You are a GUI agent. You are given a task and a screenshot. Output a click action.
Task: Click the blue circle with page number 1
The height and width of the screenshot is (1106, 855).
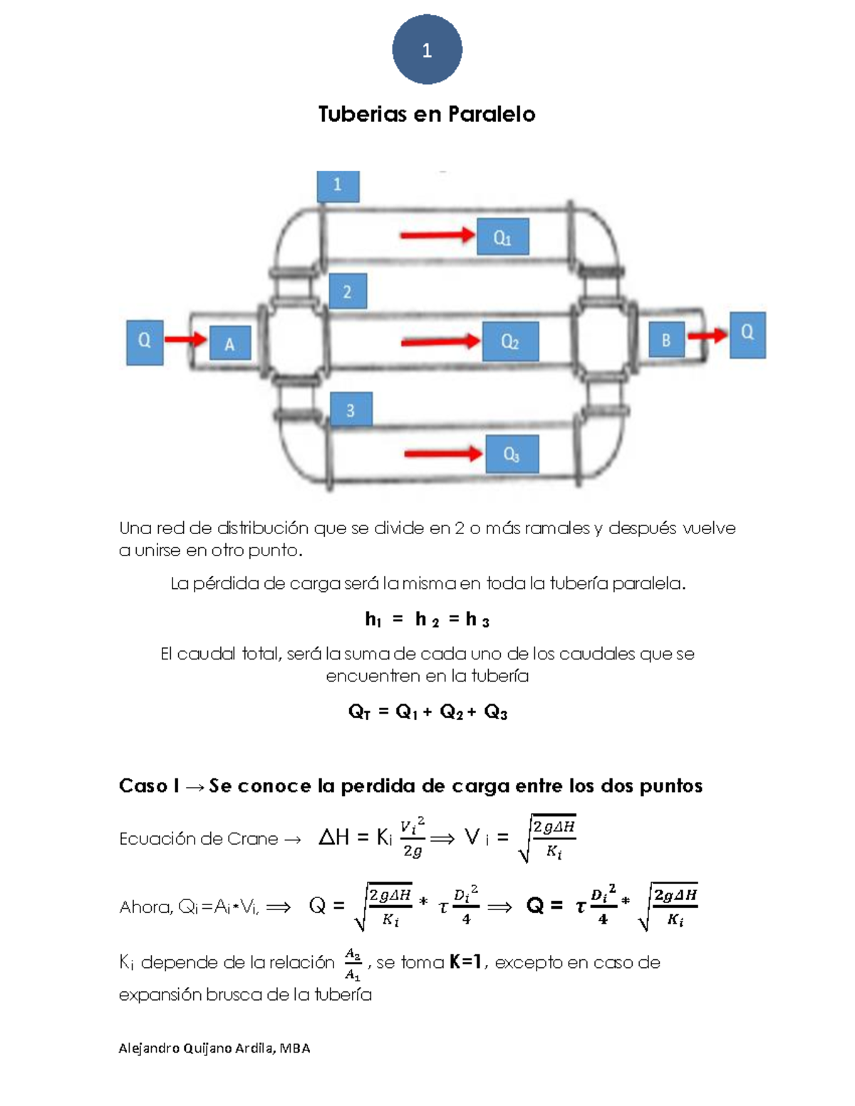pos(427,50)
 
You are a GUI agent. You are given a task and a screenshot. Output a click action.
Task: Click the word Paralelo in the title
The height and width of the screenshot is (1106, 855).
pos(491,114)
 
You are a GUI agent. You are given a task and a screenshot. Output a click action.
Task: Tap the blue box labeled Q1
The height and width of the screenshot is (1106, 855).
pos(502,238)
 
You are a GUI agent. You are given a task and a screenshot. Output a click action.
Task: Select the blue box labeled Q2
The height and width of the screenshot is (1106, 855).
pos(509,341)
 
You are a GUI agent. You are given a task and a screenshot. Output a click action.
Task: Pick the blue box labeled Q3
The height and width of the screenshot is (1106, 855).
pos(512,454)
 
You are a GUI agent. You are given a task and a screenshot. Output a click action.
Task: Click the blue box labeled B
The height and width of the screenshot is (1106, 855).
pos(665,340)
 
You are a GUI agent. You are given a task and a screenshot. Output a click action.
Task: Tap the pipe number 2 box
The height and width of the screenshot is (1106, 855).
pos(347,291)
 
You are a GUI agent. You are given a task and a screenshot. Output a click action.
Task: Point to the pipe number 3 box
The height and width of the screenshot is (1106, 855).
pos(351,410)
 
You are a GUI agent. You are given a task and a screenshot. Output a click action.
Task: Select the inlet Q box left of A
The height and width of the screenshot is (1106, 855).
pos(145,342)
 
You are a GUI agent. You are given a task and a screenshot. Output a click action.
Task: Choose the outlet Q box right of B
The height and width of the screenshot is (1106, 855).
pos(747,333)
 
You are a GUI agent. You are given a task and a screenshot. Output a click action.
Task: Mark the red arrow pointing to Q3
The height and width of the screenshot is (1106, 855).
pos(442,454)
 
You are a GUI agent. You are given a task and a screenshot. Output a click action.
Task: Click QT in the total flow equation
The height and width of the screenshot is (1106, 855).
pos(359,712)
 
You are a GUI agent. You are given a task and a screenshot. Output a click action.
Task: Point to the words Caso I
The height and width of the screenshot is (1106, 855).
pos(149,786)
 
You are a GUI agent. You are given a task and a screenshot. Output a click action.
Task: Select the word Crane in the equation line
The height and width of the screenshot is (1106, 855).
pos(252,839)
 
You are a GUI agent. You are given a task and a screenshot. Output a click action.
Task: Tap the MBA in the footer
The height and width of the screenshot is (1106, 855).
pos(295,1048)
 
